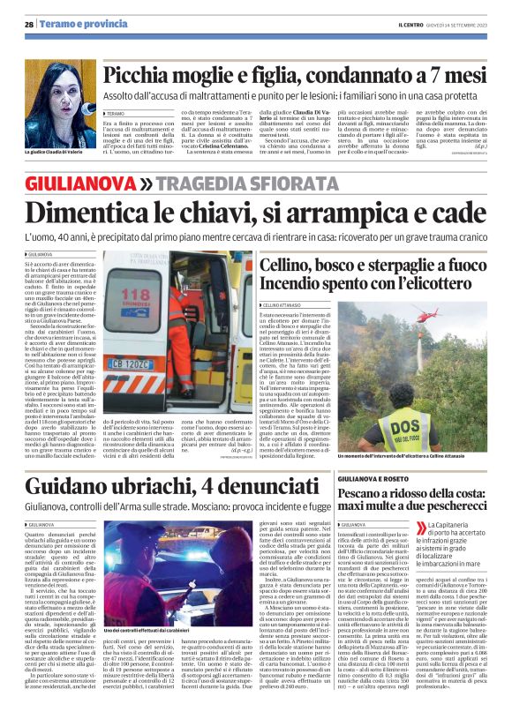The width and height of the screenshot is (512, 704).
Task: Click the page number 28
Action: tap(29, 25)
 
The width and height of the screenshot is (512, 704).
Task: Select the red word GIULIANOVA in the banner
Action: tap(79, 183)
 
